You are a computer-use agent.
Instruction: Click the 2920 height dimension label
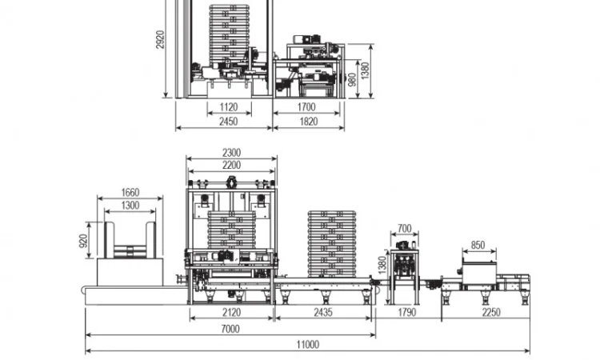(x=160, y=39)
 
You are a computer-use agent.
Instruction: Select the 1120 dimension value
(x=229, y=106)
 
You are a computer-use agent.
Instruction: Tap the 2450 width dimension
(x=229, y=122)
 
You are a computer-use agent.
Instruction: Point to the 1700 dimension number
(x=306, y=106)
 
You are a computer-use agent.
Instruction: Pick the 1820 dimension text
(x=309, y=122)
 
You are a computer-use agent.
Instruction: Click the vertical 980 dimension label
(x=352, y=79)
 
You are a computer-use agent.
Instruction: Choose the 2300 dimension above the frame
(x=231, y=153)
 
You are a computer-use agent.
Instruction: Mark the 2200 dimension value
(x=231, y=165)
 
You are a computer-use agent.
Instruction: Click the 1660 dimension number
(x=130, y=192)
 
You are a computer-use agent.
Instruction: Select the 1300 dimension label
(x=130, y=206)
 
